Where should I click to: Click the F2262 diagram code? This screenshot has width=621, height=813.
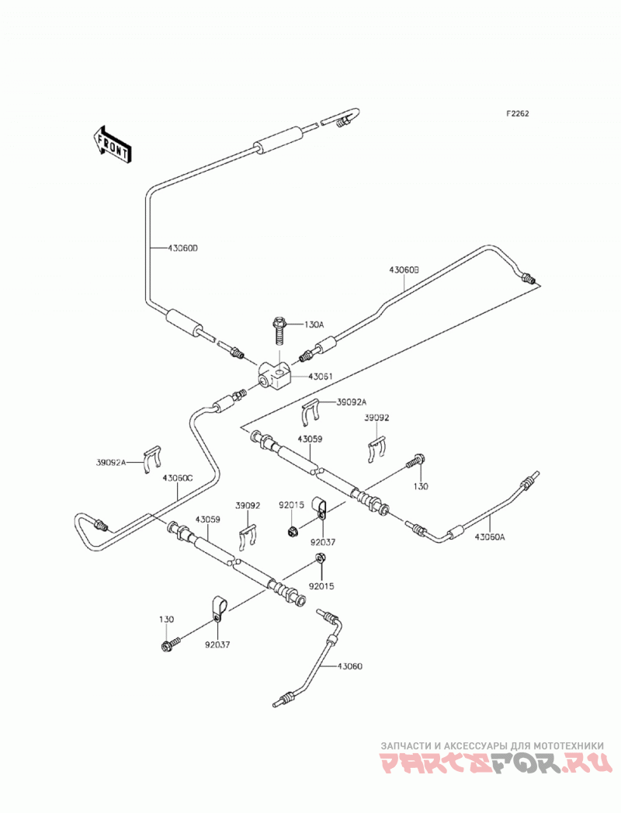(518, 114)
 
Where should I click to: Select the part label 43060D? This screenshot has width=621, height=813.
(183, 248)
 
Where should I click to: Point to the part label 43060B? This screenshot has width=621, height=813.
(404, 269)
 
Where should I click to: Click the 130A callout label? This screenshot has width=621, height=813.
(314, 325)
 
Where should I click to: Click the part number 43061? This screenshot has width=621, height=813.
(321, 377)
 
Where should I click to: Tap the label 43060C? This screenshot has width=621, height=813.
(177, 478)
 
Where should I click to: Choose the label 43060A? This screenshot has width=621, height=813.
(489, 537)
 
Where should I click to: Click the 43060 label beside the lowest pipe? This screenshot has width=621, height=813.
(350, 666)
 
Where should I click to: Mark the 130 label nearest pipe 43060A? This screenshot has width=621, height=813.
(421, 486)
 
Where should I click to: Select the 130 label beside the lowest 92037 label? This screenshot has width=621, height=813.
(167, 619)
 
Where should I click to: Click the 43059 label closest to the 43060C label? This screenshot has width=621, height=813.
(208, 519)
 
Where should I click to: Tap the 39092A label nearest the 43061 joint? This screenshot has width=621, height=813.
(352, 401)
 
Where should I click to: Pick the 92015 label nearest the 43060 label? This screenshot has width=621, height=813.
(321, 586)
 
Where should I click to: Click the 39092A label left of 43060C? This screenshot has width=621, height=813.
(111, 462)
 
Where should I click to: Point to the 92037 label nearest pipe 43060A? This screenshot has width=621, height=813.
(322, 542)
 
